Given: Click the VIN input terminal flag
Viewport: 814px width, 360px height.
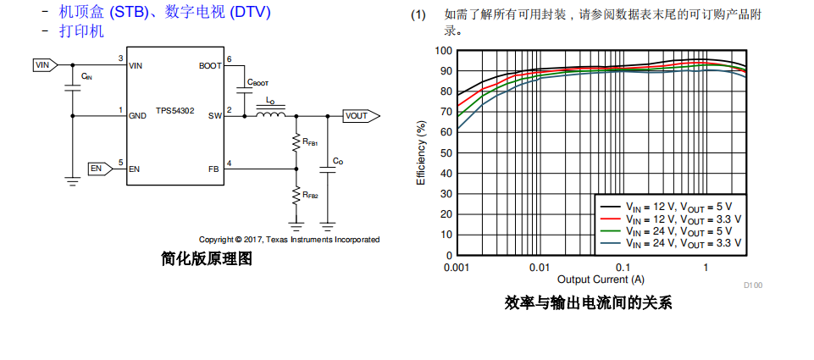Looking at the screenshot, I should point(45,64).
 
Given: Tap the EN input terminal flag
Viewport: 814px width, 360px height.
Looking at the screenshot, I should point(100,169).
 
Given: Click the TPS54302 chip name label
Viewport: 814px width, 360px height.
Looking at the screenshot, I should point(175,110).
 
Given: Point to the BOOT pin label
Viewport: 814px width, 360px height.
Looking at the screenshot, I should point(210,64).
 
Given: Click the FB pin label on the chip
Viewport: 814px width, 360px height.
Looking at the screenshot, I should point(213,169).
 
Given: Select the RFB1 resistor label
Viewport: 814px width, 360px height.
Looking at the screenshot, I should point(310,142).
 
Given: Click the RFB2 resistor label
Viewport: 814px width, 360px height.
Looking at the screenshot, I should point(310,195).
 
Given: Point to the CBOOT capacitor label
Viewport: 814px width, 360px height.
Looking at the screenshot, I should point(257,83).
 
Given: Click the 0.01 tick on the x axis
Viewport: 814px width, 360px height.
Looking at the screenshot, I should point(539,268).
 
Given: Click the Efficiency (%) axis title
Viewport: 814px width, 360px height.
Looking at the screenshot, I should point(421,152).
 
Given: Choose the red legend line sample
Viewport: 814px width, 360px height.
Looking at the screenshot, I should point(612,218).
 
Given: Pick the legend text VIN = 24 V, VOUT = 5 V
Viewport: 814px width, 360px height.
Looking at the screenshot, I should point(683,230).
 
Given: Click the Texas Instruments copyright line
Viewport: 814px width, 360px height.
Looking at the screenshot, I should point(289,240).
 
